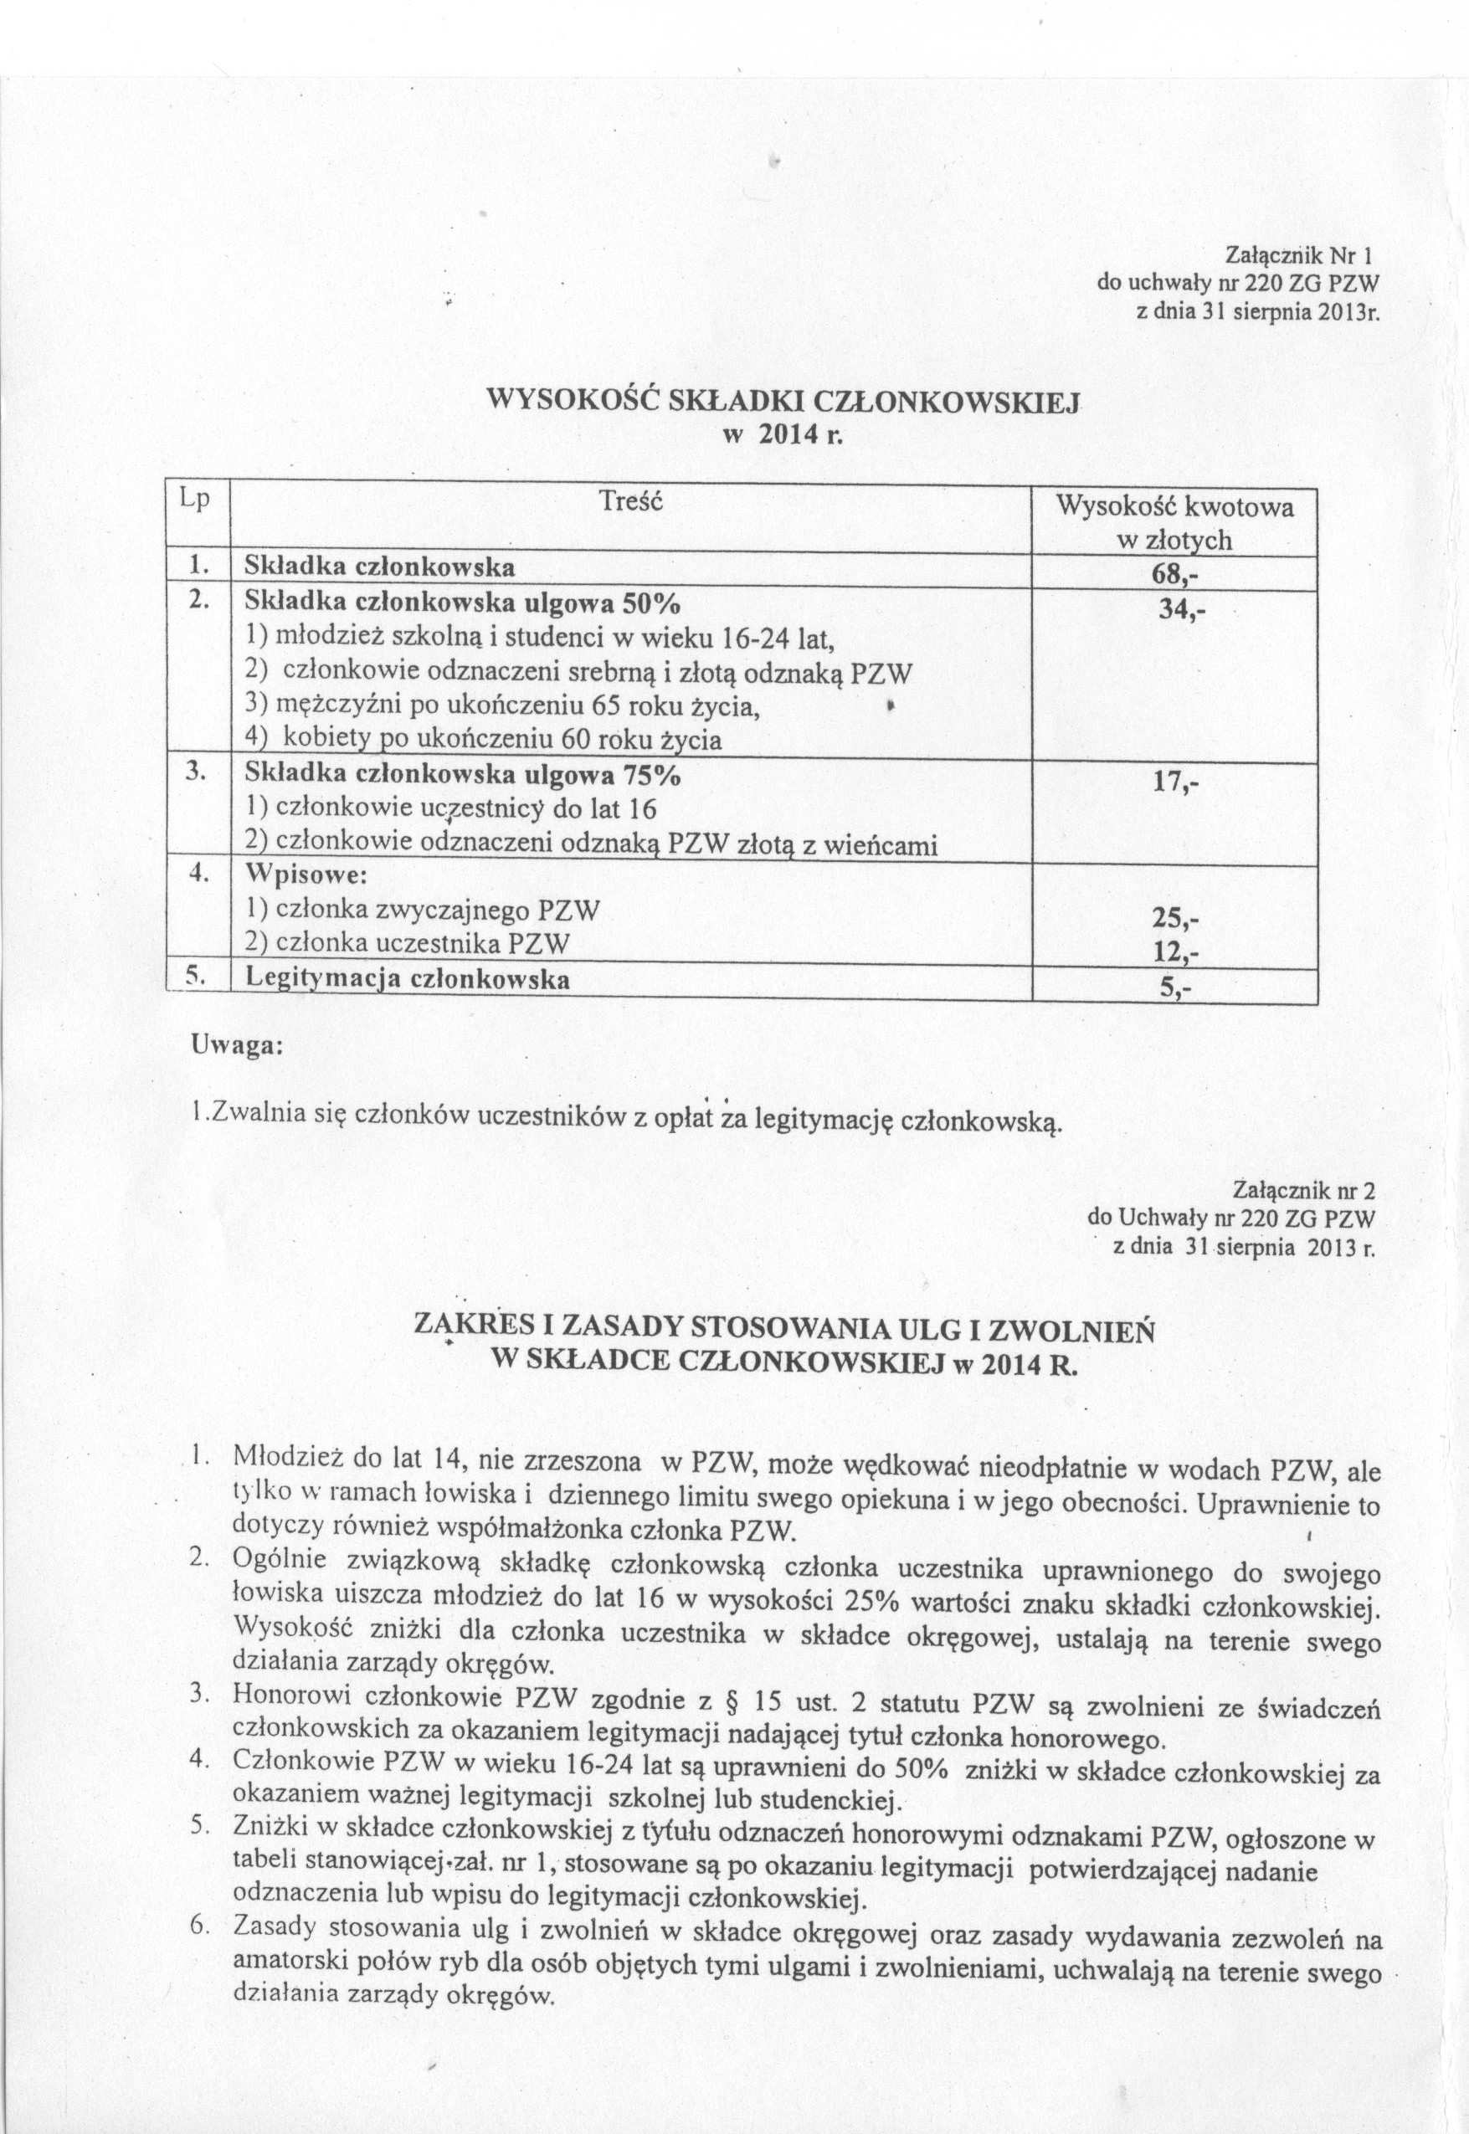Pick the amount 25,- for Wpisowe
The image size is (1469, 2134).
click(1176, 918)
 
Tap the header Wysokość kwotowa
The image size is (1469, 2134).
click(1174, 507)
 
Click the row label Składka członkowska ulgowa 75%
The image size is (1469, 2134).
click(461, 775)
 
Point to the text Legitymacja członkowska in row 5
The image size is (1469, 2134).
click(406, 981)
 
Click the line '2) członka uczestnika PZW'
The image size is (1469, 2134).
click(405, 943)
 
